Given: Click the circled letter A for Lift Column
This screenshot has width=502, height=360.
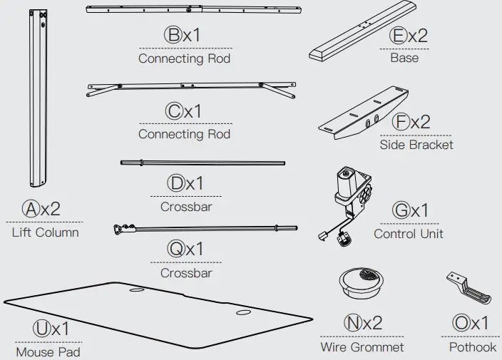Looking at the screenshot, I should click(x=31, y=209).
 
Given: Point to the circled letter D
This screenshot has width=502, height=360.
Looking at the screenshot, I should click(x=175, y=183).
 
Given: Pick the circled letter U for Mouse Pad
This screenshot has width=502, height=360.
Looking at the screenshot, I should click(x=41, y=329).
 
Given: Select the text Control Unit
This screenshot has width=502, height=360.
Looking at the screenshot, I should click(x=408, y=234).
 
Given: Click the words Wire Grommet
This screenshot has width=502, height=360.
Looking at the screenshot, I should click(x=362, y=347).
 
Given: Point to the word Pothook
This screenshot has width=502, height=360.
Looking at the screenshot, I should click(x=472, y=347).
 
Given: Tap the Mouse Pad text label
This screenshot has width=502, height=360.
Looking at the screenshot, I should click(x=48, y=351).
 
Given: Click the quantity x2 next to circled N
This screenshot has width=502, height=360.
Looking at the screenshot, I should click(x=373, y=322).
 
